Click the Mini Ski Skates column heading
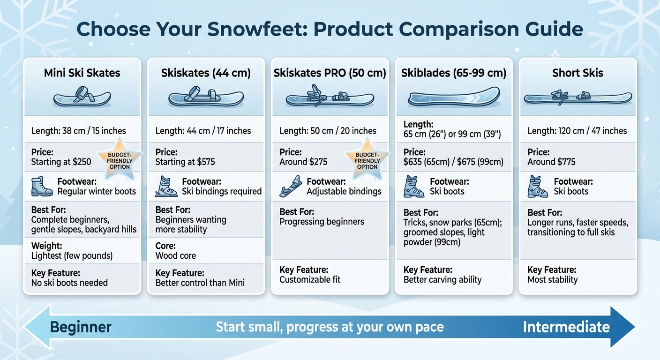click(x=82, y=73)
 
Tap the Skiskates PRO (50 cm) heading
click(x=330, y=73)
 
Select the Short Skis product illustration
click(x=577, y=97)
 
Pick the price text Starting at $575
click(x=185, y=162)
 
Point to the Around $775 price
click(x=551, y=162)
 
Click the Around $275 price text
click(x=303, y=162)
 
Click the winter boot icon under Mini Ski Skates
click(x=42, y=186)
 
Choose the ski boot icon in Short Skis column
click(x=538, y=186)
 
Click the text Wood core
click(x=176, y=256)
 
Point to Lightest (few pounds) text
click(x=72, y=256)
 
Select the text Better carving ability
click(x=442, y=280)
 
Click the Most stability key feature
click(x=553, y=280)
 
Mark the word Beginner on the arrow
click(x=81, y=327)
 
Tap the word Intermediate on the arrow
click(x=566, y=327)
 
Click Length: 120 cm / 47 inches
click(x=577, y=131)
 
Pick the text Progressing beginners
click(x=322, y=222)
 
